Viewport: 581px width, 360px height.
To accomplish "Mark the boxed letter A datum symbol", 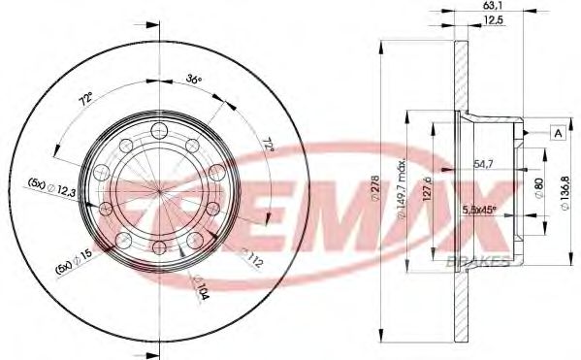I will pos(558,133).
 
